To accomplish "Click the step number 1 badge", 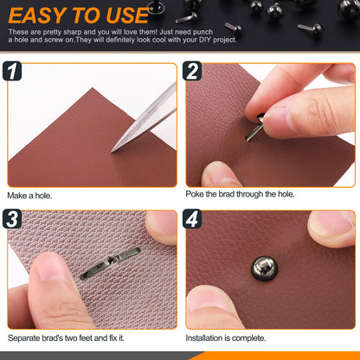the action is click(12, 71).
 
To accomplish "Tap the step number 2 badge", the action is click(192, 71).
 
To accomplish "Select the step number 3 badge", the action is click(12, 219).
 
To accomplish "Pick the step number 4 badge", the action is click(192, 219).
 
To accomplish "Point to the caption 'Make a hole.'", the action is click(29, 196).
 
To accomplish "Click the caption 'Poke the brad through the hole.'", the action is click(240, 194).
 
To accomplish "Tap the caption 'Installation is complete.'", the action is click(226, 337).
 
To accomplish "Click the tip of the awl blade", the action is click(112, 152).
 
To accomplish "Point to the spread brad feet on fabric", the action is click(111, 263).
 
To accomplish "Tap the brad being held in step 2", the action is click(254, 127).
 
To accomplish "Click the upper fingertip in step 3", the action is click(161, 228).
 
